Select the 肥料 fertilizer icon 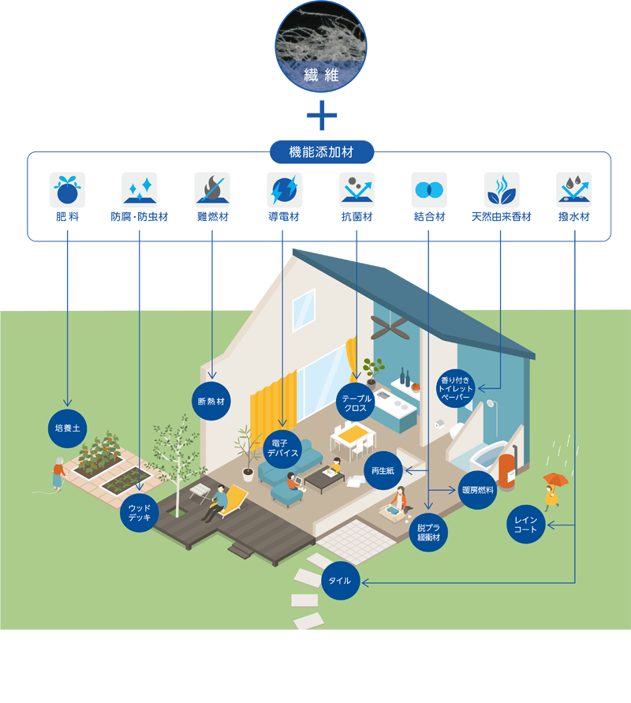(67, 190)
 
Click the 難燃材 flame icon (212, 190)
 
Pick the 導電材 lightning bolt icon (284, 190)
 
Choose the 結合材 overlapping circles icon (429, 190)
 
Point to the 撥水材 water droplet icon (573, 190)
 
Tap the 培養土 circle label (67, 428)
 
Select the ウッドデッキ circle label (140, 513)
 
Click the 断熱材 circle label (211, 401)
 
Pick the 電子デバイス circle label (282, 448)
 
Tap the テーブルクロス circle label (356, 403)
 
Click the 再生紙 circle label (383, 471)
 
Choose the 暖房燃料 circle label (478, 490)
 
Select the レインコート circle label (525, 525)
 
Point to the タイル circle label (341, 582)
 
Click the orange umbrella (555, 479)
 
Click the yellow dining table (350, 433)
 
